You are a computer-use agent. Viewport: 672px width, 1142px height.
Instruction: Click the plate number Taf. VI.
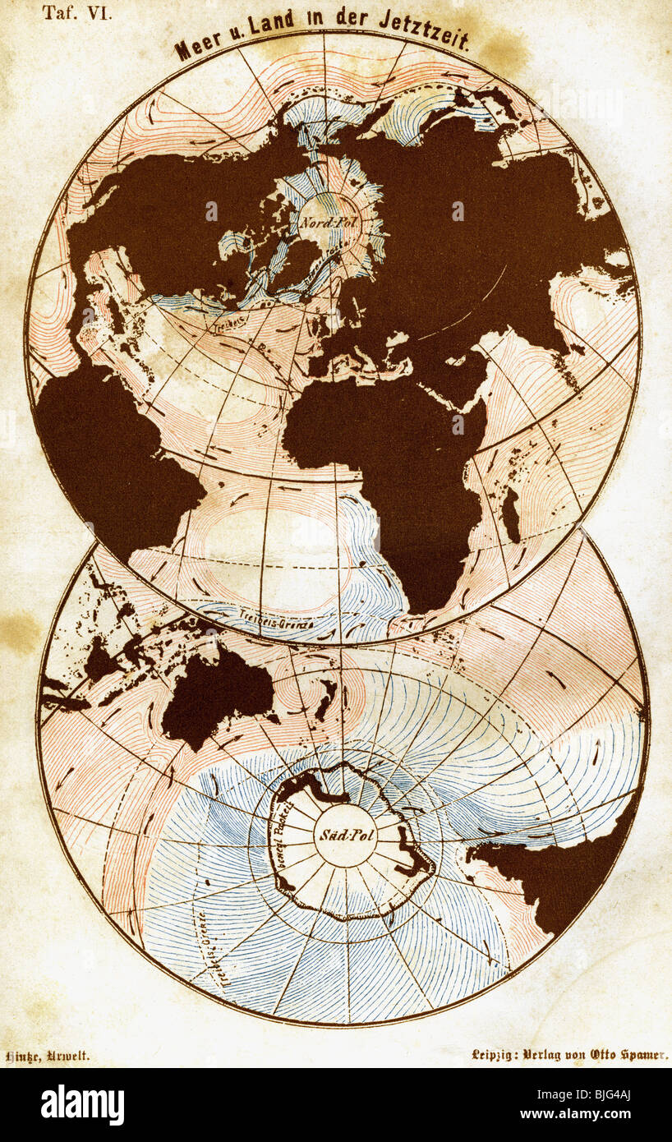click(x=78, y=13)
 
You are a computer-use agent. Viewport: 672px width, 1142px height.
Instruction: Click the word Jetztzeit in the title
click(x=424, y=34)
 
